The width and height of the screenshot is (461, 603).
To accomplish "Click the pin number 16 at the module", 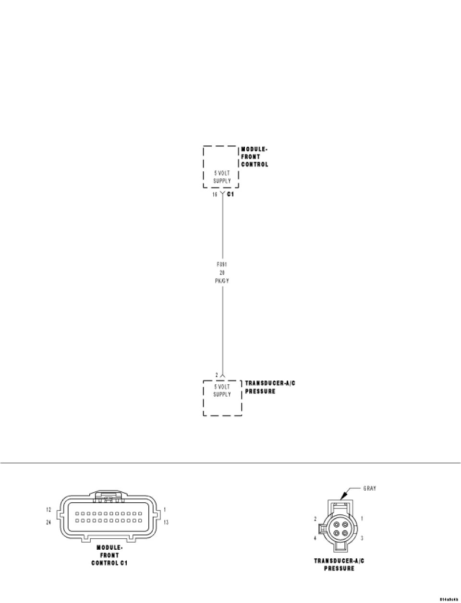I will [215, 194].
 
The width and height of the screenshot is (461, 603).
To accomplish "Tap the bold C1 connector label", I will [230, 194].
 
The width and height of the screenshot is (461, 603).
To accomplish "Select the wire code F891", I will [222, 264].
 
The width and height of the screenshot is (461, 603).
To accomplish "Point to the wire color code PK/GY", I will [222, 281].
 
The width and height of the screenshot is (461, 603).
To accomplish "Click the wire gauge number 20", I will [222, 272].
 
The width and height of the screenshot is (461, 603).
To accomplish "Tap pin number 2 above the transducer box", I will [217, 375].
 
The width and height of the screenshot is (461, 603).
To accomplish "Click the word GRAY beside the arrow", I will [369, 488].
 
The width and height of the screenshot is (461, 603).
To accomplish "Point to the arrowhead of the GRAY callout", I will [342, 498].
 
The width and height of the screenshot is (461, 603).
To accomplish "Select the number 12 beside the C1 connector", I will [49, 509].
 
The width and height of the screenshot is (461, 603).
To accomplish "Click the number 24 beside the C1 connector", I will [49, 522].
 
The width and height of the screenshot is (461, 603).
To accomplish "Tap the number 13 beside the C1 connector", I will [166, 522].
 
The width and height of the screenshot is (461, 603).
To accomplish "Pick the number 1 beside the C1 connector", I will [164, 509].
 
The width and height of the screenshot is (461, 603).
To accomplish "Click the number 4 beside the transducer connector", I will [315, 538].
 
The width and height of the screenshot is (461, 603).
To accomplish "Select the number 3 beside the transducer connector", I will [362, 538].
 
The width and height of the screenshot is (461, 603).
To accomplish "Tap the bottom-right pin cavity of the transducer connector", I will [344, 533].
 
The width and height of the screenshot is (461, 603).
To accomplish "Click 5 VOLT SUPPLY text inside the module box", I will [222, 177].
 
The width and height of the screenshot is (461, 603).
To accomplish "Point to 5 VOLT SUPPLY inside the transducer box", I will [222, 390].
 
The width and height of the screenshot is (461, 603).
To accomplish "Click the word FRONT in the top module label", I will [251, 157].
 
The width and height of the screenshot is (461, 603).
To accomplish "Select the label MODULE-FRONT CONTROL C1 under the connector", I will [109, 555].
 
